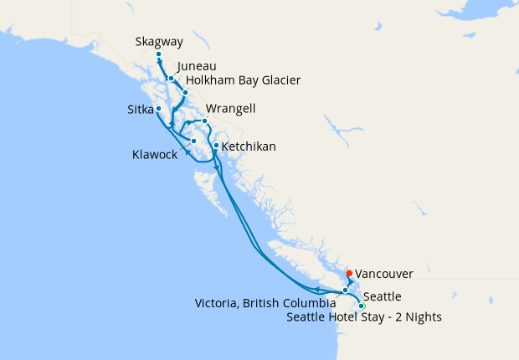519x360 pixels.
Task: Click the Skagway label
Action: pyautogui.click(x=159, y=41)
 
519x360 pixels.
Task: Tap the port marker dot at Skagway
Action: pyautogui.click(x=158, y=54)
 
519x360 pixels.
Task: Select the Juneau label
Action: pyautogui.click(x=197, y=65)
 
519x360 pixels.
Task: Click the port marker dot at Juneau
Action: pyautogui.click(x=171, y=79)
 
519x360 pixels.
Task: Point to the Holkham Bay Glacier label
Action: pyautogui.click(x=243, y=80)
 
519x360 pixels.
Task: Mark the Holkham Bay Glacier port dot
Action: pyautogui.click(x=185, y=92)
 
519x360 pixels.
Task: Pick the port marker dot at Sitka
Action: pyautogui.click(x=158, y=108)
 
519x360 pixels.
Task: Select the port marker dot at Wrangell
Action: pyautogui.click(x=204, y=121)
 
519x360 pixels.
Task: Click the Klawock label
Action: pyautogui.click(x=155, y=154)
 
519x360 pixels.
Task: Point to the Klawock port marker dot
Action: pyautogui.click(x=193, y=141)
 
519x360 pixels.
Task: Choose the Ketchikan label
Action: pyautogui.click(x=249, y=147)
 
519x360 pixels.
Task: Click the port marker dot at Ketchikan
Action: pyautogui.click(x=216, y=146)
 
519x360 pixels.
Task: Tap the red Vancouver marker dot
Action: pyautogui.click(x=349, y=273)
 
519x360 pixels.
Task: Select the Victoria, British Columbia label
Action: pyautogui.click(x=265, y=302)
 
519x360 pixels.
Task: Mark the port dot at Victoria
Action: pyautogui.click(x=345, y=291)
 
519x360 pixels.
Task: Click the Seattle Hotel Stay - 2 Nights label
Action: pyautogui.click(x=364, y=317)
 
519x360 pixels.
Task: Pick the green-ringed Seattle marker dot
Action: pyautogui.click(x=362, y=306)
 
